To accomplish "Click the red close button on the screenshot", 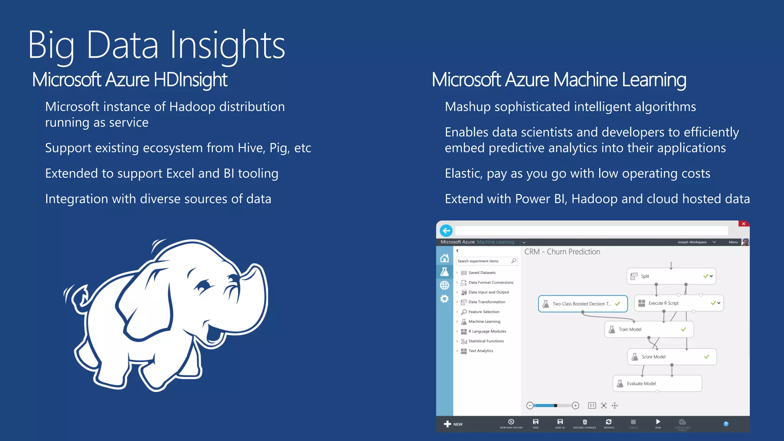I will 743,224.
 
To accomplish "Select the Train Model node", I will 649,329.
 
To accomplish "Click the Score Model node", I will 672,357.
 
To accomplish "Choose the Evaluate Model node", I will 657,384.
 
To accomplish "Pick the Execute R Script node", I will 678,303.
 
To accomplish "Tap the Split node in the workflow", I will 671,276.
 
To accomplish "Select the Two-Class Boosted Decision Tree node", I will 583,304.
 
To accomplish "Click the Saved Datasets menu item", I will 482,273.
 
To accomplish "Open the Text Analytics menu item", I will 480,351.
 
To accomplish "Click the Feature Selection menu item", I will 483,312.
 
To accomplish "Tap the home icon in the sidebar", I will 444,258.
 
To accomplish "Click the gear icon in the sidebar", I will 444,299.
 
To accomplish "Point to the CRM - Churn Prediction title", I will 562,252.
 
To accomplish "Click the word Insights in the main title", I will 227,46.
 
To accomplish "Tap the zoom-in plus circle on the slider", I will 575,406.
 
